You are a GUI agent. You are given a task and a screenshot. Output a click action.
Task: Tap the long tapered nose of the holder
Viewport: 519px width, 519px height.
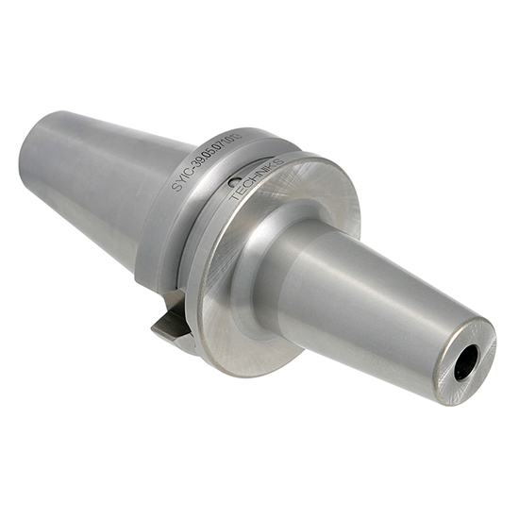(377, 302)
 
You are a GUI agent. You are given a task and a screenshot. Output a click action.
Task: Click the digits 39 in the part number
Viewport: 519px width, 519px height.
(201, 161)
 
